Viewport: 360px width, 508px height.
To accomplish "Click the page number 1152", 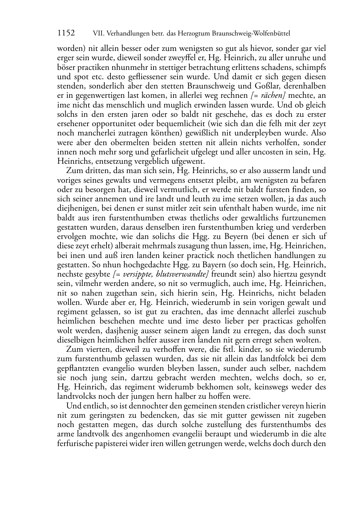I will (x=66, y=33).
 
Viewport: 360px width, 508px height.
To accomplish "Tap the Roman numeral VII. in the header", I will (x=98, y=34).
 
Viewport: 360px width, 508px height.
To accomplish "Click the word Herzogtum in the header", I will (x=193, y=34).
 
